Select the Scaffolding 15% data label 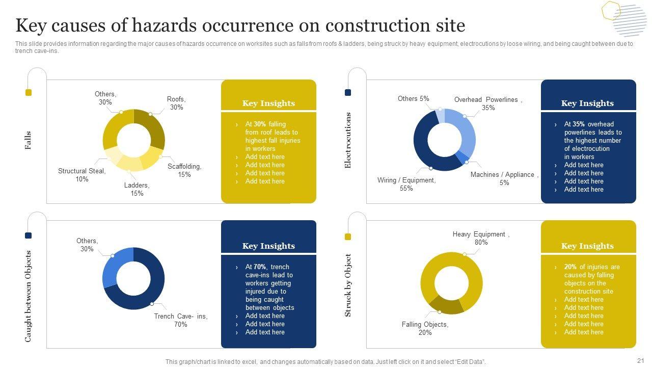tap(184, 170)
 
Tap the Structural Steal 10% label tap(82, 175)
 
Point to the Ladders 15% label tap(137, 189)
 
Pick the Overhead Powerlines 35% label tap(488, 103)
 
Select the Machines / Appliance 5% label tap(504, 178)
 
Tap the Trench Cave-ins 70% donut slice tap(148, 293)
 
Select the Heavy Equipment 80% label tap(481, 238)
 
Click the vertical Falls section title tap(28, 140)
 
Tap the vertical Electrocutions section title tap(348, 140)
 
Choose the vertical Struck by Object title tap(348, 285)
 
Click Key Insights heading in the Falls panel tap(268, 103)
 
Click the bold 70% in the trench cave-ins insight tap(260, 267)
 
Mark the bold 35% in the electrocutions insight tap(579, 124)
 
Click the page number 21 tap(640, 359)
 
